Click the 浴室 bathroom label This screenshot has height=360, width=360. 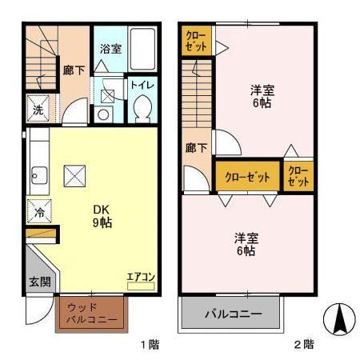pyautogui.click(x=110, y=49)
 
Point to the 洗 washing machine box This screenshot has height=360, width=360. pyautogui.click(x=38, y=110)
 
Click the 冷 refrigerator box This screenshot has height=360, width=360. pyautogui.click(x=38, y=213)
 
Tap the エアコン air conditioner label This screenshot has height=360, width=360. pyautogui.click(x=140, y=278)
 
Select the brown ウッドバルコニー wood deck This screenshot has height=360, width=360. pyautogui.click(x=91, y=314)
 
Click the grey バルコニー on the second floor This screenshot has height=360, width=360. pyautogui.click(x=232, y=313)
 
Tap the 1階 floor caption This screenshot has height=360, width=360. pyautogui.click(x=150, y=345)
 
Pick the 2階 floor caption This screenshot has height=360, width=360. pyautogui.click(x=303, y=345)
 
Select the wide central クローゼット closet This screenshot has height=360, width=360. pyautogui.click(x=246, y=177)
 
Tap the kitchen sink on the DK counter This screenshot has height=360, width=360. pyautogui.click(x=38, y=174)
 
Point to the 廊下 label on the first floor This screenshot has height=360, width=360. pyautogui.click(x=73, y=70)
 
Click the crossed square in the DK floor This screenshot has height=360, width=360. pyautogui.click(x=76, y=174)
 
